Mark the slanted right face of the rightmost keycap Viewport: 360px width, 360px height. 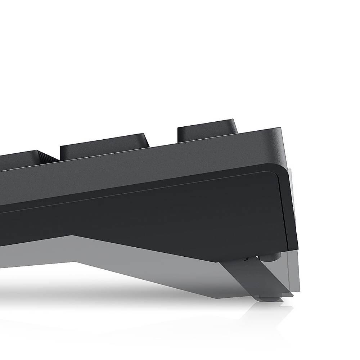[x=235, y=127]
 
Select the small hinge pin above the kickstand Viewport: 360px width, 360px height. [x=246, y=258]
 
